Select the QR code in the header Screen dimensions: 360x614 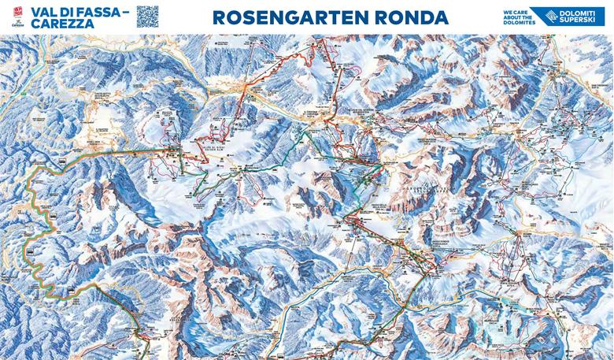[147, 16]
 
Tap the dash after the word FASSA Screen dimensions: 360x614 [125, 10]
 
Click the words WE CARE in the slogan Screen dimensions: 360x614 [512, 10]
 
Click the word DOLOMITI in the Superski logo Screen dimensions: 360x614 [576, 12]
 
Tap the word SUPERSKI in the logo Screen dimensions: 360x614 [576, 21]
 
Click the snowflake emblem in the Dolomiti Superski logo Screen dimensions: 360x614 [542, 15]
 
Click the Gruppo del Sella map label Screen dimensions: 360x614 [426, 189]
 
